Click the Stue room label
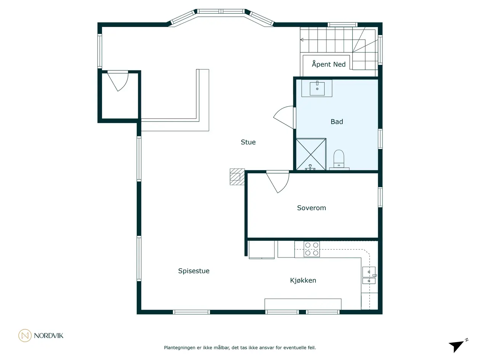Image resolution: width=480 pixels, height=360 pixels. [248, 142]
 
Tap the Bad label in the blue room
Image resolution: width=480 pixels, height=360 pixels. [336, 122]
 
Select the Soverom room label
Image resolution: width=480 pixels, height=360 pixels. [311, 208]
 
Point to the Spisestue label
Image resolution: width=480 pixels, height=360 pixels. [194, 271]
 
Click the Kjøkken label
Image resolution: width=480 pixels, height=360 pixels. [303, 280]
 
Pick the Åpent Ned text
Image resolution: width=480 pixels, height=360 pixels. [329, 64]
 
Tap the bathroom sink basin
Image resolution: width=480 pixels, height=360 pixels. [317, 88]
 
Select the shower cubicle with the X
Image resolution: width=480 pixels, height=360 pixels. [311, 154]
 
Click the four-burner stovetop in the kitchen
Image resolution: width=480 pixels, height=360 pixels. [312, 249]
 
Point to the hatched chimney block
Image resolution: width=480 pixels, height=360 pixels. [237, 177]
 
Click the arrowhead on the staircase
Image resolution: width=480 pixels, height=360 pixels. [302, 40]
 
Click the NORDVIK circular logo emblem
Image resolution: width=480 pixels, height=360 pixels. [25, 335]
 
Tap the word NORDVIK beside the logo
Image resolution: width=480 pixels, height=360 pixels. [48, 336]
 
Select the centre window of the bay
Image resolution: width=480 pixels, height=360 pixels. [221, 11]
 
